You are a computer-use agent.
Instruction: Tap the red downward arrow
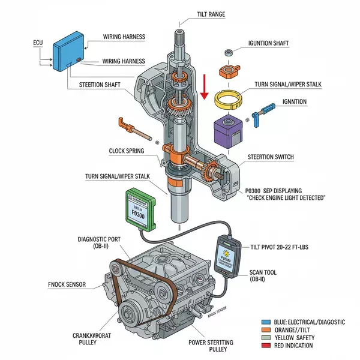pyautogui.click(x=205, y=85)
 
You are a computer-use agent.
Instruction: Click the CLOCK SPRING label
pyautogui.click(x=126, y=151)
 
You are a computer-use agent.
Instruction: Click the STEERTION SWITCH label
pyautogui.click(x=271, y=157)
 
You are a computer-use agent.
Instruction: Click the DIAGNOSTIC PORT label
pyautogui.click(x=99, y=242)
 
